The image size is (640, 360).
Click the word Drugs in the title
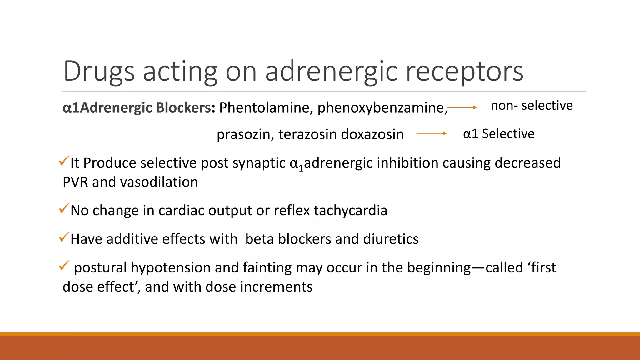click(x=99, y=72)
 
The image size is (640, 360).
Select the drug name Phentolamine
click(x=264, y=107)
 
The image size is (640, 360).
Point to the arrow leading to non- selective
click(x=462, y=107)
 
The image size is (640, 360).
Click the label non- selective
click(x=532, y=106)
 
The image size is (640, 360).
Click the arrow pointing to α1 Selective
click(x=432, y=133)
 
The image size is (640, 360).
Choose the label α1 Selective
click(x=499, y=134)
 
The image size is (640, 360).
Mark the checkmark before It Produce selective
click(x=64, y=161)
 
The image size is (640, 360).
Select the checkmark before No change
click(x=64, y=208)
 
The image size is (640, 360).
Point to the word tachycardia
click(x=350, y=211)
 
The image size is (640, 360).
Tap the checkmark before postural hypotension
click(x=64, y=266)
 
